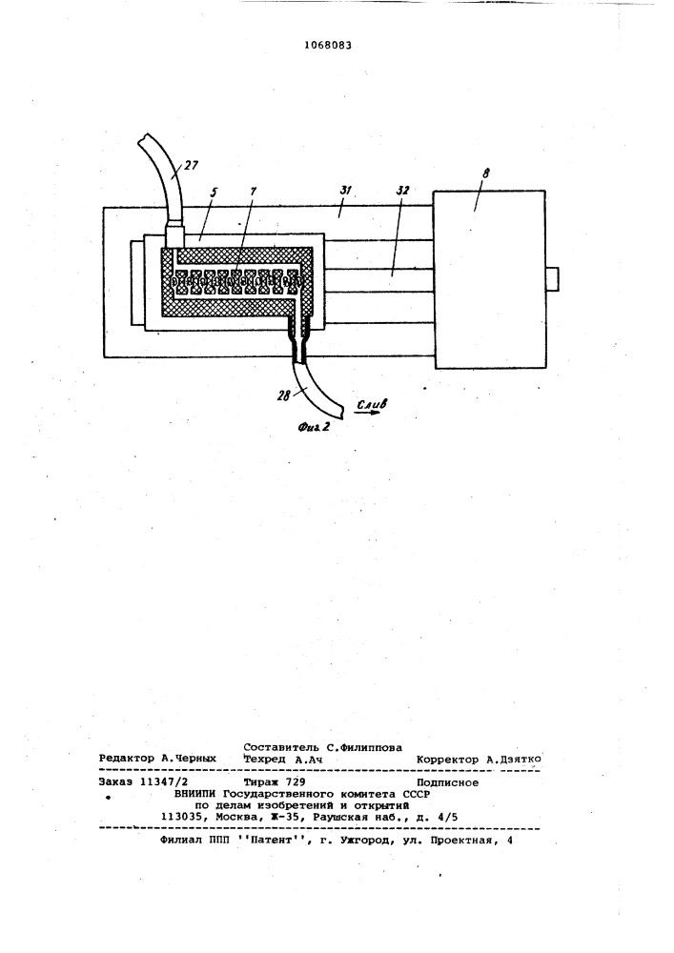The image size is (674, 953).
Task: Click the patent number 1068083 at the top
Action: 327,45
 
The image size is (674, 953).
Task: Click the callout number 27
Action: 191,165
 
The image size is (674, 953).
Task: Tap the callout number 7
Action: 253,191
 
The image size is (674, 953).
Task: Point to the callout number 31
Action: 346,190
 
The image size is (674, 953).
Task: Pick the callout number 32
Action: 401,191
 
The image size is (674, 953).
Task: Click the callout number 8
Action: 485,173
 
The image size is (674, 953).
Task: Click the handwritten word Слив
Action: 372,403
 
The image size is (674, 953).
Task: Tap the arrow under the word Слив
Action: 368,414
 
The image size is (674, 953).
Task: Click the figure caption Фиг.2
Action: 314,427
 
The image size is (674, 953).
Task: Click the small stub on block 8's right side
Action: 551,279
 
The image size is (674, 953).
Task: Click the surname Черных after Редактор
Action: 194,760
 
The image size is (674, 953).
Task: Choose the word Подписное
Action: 447,782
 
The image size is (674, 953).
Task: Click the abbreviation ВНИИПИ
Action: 195,795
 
